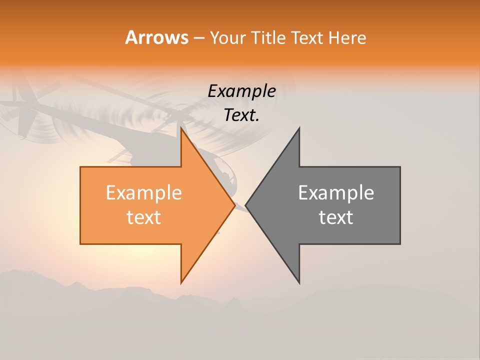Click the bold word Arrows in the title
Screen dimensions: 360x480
pyautogui.click(x=156, y=37)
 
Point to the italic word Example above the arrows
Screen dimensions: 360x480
pyautogui.click(x=241, y=91)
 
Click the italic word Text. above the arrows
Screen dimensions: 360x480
pyautogui.click(x=241, y=115)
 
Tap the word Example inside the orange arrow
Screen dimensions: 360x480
pyautogui.click(x=144, y=193)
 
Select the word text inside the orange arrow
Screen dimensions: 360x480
pyautogui.click(x=144, y=217)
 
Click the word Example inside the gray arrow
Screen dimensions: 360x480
pyautogui.click(x=336, y=193)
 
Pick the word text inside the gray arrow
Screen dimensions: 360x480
pyautogui.click(x=336, y=217)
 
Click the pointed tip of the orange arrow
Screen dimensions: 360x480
pyautogui.click(x=234, y=205)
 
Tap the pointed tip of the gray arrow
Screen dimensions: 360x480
pyautogui.click(x=246, y=205)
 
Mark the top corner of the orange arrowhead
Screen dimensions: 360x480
pyautogui.click(x=181, y=128)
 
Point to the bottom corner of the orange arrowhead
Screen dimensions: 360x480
pyautogui.click(x=181, y=283)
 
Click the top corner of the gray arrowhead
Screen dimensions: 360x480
pyautogui.click(x=299, y=128)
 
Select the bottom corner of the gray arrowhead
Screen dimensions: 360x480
pyautogui.click(x=299, y=283)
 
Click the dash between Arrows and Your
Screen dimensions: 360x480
pyautogui.click(x=198, y=38)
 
